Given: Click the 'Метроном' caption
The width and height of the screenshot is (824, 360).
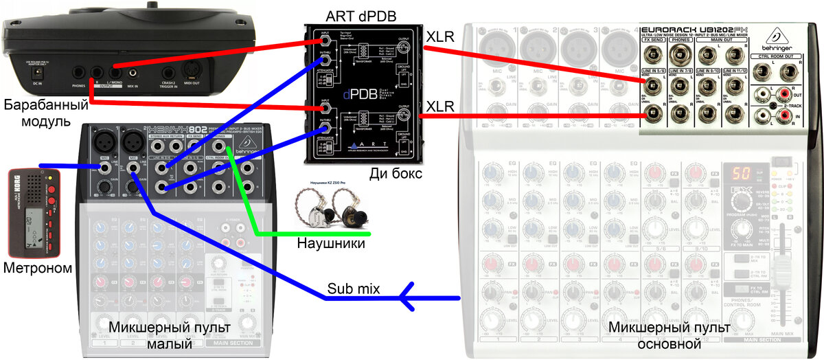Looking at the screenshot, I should coord(37,268).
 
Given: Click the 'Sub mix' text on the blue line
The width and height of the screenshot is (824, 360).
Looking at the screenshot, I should coord(353,288).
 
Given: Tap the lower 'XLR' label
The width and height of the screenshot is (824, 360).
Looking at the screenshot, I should coord(440,107).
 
